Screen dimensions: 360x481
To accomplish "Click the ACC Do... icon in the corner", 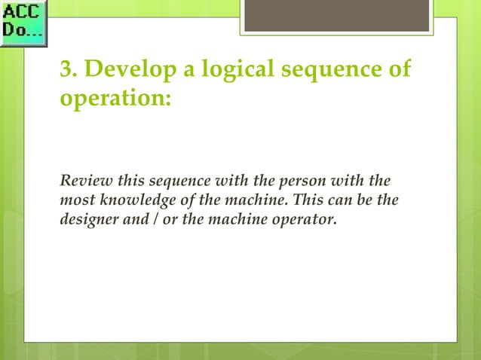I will [x=24, y=23].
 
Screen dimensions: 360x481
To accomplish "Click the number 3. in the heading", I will [x=69, y=73].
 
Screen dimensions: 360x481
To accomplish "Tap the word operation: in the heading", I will [x=115, y=102].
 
